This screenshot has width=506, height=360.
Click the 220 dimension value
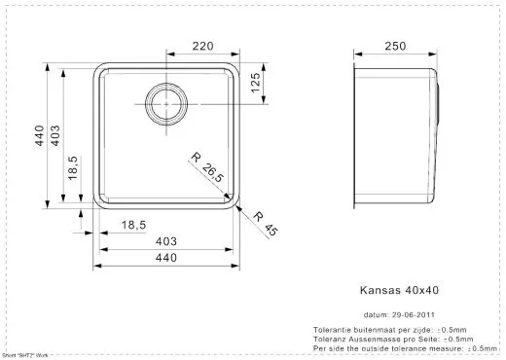(x=202, y=46)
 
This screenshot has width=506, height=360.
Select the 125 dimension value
(x=254, y=85)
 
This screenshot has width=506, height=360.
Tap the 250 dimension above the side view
(x=394, y=46)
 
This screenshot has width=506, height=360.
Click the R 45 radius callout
(x=266, y=225)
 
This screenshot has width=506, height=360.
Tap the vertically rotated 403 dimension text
(x=57, y=137)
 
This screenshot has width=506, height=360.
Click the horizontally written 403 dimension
(x=166, y=241)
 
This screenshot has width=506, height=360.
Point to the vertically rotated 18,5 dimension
(x=74, y=170)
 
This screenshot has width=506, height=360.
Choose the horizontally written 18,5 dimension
(x=133, y=226)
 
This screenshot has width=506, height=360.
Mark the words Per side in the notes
(x=328, y=347)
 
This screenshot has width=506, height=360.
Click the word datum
(x=376, y=315)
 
